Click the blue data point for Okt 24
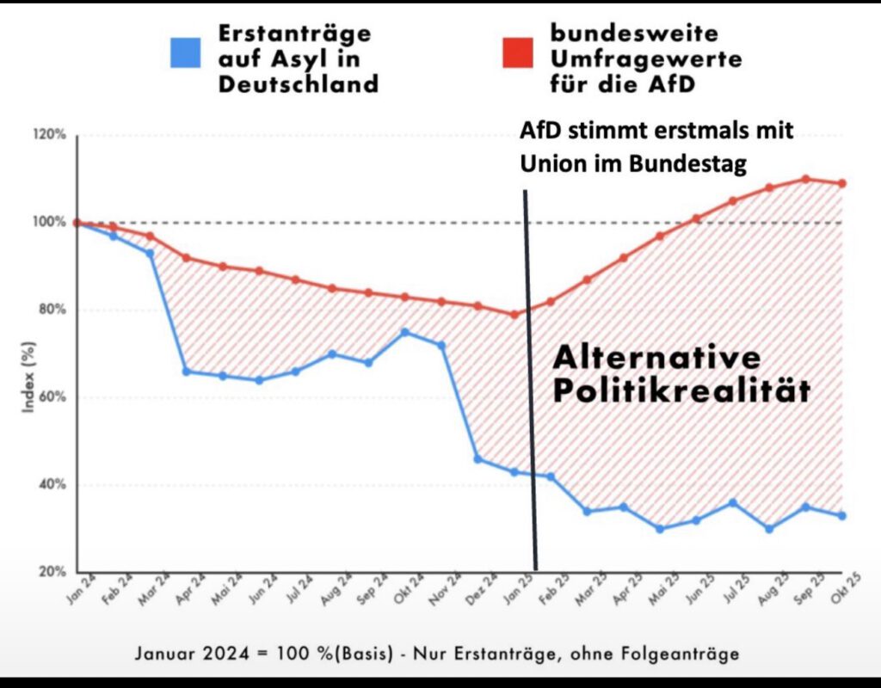(x=405, y=332)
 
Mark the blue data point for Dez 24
(x=478, y=459)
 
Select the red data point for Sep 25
(x=806, y=179)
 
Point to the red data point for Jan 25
(x=514, y=314)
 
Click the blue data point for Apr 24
(x=186, y=372)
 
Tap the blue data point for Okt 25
(x=842, y=516)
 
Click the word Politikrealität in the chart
(x=681, y=390)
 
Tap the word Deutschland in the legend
(x=298, y=83)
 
